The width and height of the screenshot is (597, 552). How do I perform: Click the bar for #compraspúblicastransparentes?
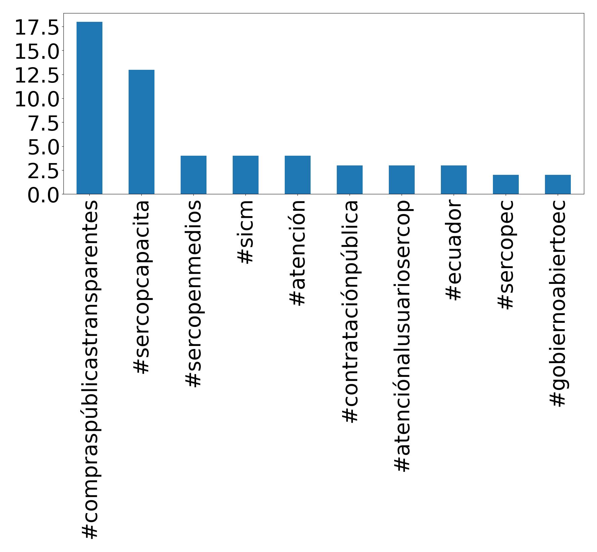89,108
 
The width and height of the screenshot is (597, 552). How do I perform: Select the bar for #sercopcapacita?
141,132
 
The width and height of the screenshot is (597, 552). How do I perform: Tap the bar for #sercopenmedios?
193,175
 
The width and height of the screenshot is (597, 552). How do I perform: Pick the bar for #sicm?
245,175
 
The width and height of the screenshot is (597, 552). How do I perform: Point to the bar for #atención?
297,175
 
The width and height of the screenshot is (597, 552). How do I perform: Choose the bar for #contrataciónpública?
350,180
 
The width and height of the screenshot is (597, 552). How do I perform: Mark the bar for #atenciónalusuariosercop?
402,180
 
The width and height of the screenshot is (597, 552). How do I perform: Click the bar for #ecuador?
454,180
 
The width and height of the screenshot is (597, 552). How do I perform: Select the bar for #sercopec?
506,184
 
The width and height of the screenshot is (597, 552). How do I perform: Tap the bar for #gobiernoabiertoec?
558,184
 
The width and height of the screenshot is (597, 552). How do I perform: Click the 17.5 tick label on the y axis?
37,28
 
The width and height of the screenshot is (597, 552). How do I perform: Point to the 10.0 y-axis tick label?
37,99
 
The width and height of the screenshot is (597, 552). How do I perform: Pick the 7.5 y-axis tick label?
43,123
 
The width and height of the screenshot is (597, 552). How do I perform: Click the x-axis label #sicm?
245,232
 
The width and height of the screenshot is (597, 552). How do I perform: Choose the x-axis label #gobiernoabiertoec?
557,303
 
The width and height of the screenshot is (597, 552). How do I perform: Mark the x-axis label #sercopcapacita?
141,287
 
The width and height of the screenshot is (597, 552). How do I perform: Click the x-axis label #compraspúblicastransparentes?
89,369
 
